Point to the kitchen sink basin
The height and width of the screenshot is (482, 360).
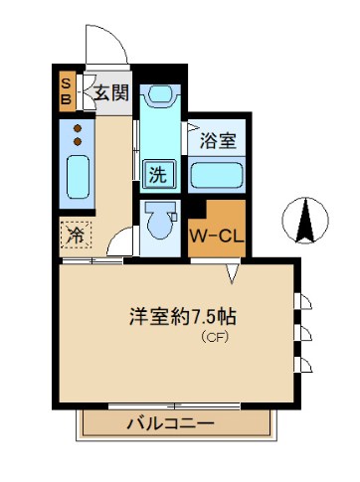click(77, 177)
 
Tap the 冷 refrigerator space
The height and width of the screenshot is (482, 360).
click(76, 235)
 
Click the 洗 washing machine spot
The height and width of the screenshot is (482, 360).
click(157, 172)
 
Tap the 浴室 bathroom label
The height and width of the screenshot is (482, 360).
click(217, 140)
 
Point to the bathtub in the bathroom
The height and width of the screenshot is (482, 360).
click(217, 177)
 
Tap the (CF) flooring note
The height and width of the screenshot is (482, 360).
click(216, 338)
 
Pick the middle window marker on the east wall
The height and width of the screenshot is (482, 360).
click(302, 331)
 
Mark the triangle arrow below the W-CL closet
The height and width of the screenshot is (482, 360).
click(234, 270)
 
